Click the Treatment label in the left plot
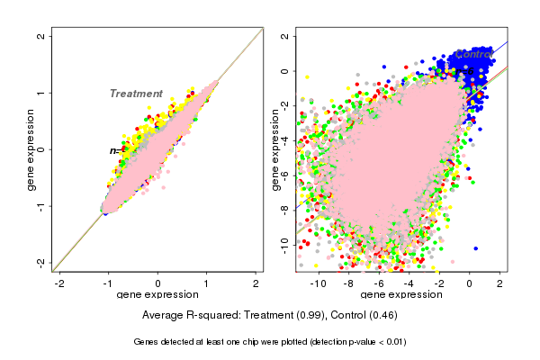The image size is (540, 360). click(x=136, y=94)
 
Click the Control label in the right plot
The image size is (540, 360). click(x=474, y=55)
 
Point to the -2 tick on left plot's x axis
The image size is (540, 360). click(x=59, y=283)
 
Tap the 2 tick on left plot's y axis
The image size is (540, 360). click(x=41, y=37)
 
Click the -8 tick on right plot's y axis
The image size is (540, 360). click(x=285, y=208)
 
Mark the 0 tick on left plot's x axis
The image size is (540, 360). click(x=158, y=283)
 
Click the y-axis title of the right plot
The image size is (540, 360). click(x=275, y=149)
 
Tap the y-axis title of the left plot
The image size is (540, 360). click(x=31, y=149)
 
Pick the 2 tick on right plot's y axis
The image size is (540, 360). click(x=285, y=37)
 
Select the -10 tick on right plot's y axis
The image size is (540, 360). click(x=285, y=242)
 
